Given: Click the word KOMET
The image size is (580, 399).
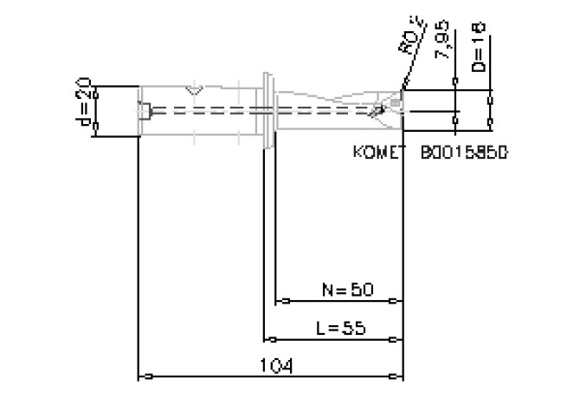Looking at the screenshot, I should coord(379,152).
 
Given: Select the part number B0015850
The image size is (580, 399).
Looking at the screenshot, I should coord(463,152).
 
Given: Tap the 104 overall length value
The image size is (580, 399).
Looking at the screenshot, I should coord(276,365).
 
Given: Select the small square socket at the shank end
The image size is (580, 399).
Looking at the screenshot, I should coord(146,110).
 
